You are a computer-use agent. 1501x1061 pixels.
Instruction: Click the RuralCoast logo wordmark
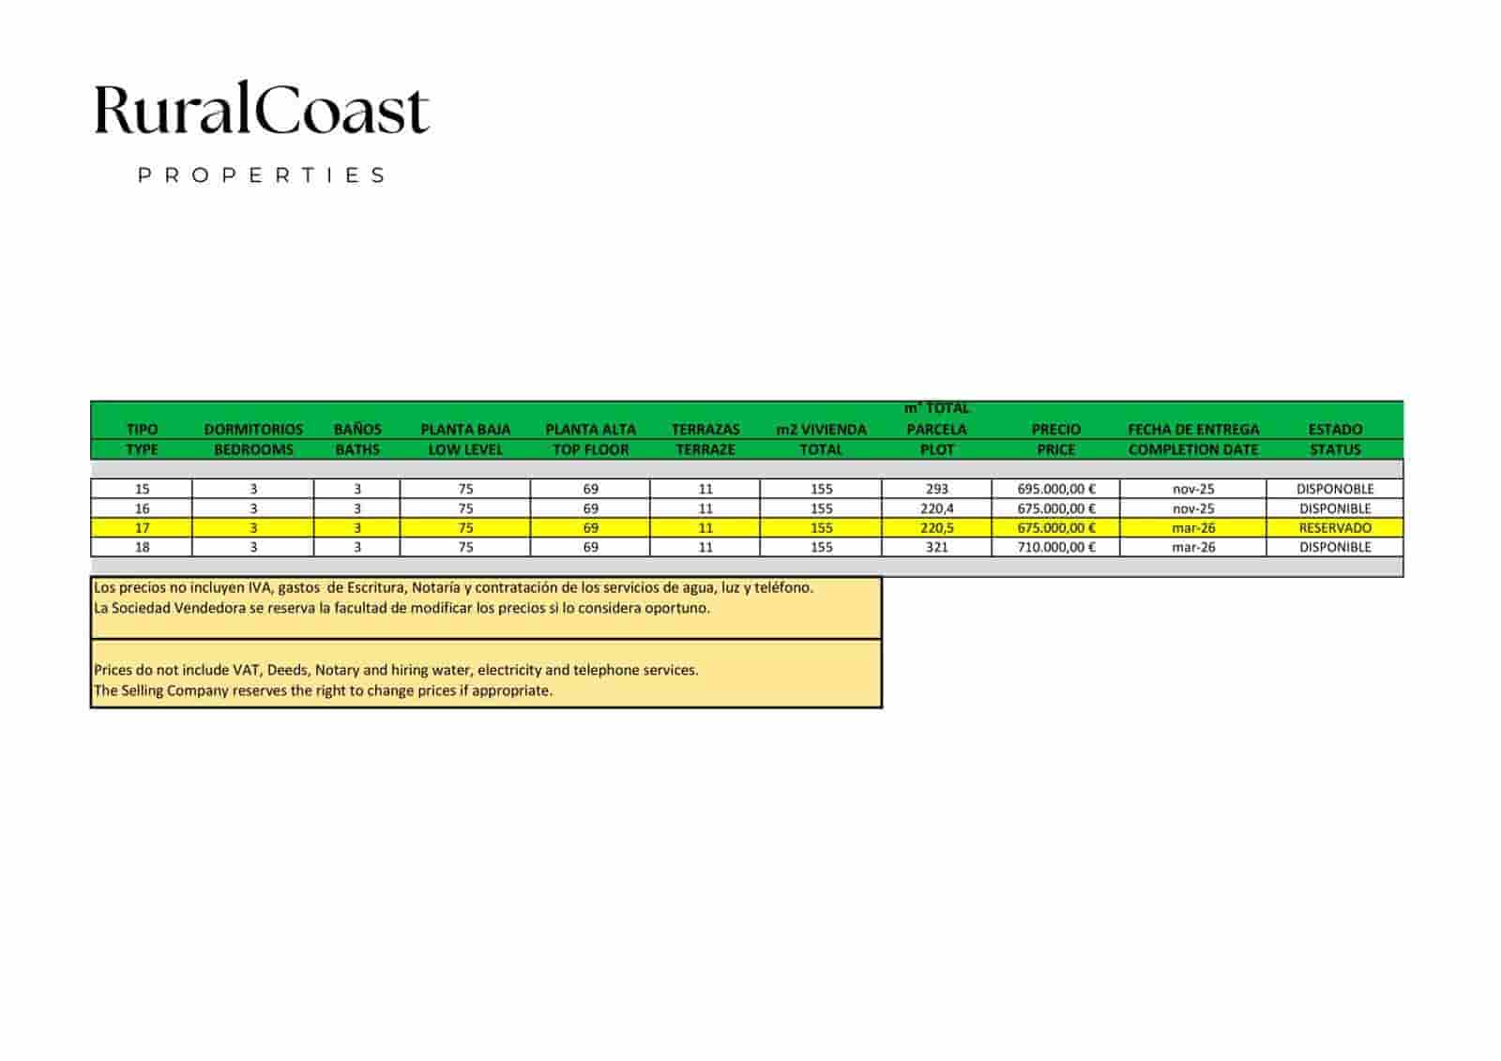coord(262,110)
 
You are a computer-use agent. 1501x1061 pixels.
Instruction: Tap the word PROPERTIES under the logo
coord(262,175)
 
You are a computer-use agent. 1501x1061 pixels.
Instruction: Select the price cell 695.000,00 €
coord(1055,489)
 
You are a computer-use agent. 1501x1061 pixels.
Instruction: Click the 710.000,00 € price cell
coord(1055,547)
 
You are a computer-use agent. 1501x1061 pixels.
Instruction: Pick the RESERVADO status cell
coord(1334,528)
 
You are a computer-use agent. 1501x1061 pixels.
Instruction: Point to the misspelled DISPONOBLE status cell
coord(1334,489)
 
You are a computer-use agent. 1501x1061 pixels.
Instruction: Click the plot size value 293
coord(936,489)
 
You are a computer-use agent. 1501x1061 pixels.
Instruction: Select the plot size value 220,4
coord(936,508)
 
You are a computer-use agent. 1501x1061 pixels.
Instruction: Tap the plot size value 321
coord(936,547)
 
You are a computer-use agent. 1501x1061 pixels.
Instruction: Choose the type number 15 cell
coord(142,489)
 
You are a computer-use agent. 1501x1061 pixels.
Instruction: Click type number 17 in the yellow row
coord(142,528)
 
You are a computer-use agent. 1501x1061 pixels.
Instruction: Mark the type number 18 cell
coord(142,547)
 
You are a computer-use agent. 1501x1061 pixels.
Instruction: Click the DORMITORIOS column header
coord(253,430)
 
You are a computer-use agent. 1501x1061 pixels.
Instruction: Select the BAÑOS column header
coord(357,430)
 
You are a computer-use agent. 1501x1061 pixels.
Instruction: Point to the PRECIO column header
coord(1055,430)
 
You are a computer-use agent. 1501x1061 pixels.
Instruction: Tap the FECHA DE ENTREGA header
coord(1193,430)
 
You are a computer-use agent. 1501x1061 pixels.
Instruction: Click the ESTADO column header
coord(1334,430)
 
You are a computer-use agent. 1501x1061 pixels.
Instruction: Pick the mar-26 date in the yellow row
coord(1193,528)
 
